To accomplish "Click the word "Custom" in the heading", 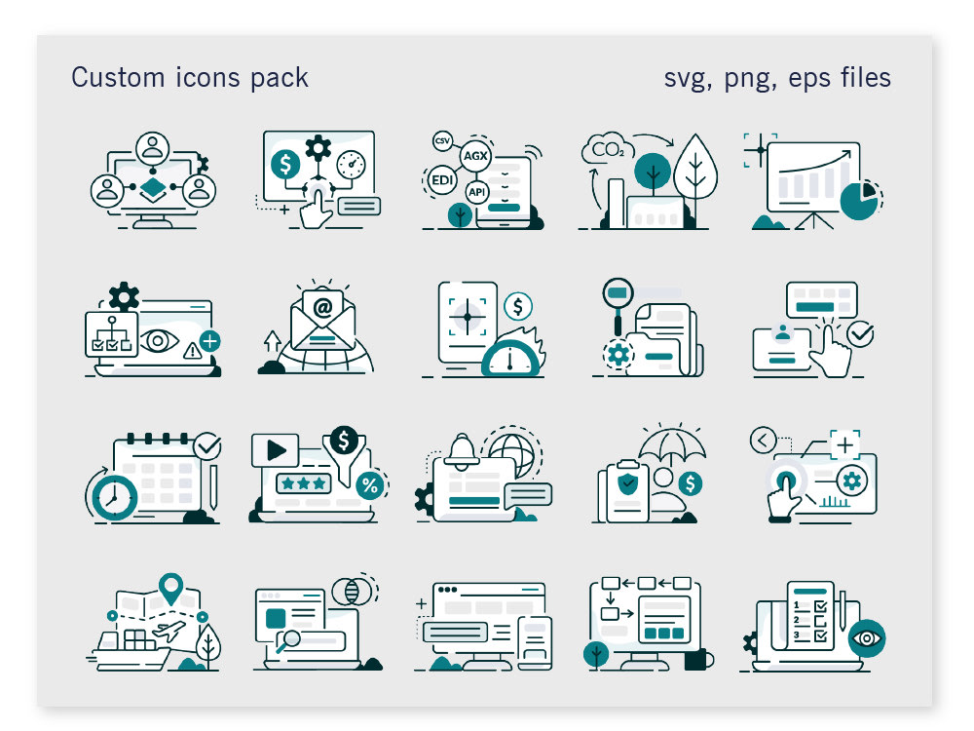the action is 118,78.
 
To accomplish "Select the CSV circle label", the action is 442,141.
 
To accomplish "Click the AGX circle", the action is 476,155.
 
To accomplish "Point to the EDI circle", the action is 441,180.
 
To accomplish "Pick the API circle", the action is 476,192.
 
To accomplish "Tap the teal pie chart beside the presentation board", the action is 859,200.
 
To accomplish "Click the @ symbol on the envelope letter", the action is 322,307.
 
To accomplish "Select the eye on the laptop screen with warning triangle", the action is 159,340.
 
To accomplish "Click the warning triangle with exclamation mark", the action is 192,352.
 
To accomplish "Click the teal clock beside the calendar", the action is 114,498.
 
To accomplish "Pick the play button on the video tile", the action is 277,450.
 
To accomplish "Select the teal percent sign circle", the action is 370,485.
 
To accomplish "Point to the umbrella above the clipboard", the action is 672,444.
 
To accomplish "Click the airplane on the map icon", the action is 169,631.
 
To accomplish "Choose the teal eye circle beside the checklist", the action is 867,638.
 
